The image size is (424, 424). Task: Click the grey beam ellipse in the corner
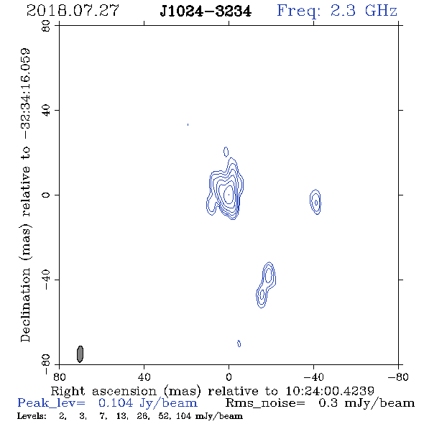(80, 354)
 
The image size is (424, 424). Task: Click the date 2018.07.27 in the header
(73, 11)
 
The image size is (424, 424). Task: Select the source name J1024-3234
(206, 11)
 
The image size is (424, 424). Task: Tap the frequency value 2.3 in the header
(343, 11)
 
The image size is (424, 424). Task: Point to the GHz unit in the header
(381, 11)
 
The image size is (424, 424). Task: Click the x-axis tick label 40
(144, 377)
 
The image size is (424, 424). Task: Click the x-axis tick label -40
(313, 377)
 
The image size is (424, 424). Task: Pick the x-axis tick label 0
(229, 377)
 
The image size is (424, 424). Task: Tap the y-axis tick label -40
(46, 280)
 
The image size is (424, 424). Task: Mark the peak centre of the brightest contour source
(229, 195)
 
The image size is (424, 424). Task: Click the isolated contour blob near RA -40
(315, 202)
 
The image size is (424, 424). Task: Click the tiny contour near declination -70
(239, 344)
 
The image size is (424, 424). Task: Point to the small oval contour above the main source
(226, 152)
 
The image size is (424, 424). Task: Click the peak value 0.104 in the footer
(116, 403)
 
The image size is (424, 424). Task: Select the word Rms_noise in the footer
(265, 403)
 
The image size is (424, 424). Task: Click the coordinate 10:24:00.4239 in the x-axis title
(330, 391)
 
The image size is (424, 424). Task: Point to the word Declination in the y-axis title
(25, 305)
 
